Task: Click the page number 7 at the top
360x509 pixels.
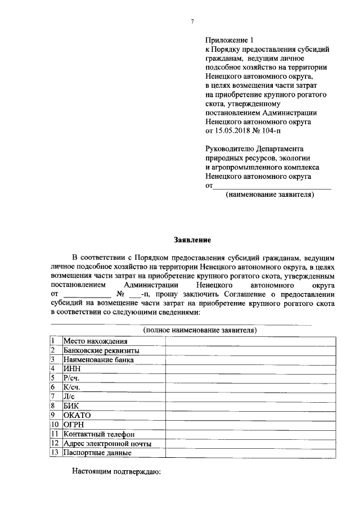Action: (x=192, y=21)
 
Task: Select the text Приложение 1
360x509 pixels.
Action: (x=229, y=40)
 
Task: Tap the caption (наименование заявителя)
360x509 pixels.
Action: (x=269, y=195)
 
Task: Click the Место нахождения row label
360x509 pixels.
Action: (x=95, y=341)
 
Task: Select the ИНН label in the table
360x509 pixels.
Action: (x=73, y=368)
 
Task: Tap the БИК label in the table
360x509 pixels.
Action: (x=73, y=406)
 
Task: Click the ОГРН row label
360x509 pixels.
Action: (x=75, y=424)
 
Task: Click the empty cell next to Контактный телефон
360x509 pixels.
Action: (x=251, y=434)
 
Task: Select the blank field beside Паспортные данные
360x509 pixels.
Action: (x=251, y=452)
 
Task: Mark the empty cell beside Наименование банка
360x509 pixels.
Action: (x=251, y=359)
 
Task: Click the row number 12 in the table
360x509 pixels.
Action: (x=55, y=443)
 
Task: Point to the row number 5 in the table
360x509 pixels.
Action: (x=53, y=378)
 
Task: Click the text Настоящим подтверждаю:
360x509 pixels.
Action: (x=116, y=471)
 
